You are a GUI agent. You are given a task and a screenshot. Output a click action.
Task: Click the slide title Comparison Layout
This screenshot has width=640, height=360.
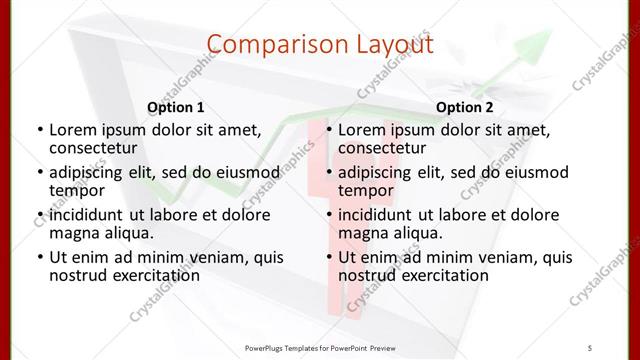click(320, 44)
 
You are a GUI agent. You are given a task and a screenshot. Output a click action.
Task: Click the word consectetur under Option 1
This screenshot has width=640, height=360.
click(92, 147)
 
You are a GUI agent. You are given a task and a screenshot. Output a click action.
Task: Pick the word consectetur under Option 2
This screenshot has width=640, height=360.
click(381, 147)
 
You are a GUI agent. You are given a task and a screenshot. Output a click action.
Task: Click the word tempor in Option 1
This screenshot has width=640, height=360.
click(77, 190)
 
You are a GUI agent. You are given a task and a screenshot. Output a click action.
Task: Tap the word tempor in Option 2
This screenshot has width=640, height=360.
click(366, 190)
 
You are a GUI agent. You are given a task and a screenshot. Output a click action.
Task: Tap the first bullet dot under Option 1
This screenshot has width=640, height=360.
click(38, 130)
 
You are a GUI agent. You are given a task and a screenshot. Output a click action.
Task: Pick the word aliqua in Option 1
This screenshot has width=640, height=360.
click(129, 233)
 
